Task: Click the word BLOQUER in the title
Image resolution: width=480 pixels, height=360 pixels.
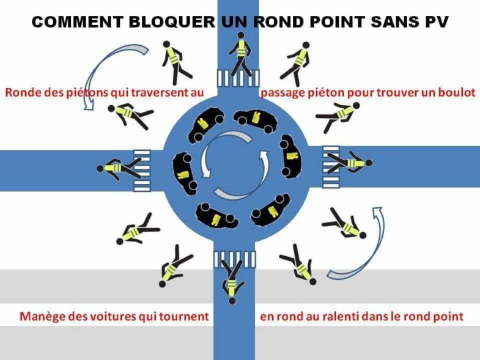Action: click(x=172, y=22)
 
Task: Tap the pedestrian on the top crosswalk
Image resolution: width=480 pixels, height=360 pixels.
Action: click(x=241, y=54)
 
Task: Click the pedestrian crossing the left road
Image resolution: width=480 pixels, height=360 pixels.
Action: click(x=119, y=168)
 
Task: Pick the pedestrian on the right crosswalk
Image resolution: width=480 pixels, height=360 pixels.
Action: click(x=350, y=163)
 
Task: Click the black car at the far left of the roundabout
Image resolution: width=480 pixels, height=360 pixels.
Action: click(x=185, y=173)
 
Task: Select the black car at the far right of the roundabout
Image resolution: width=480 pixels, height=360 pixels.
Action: click(x=290, y=156)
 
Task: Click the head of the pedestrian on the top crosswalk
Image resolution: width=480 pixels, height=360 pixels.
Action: click(x=241, y=35)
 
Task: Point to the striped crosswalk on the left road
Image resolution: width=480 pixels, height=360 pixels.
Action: click(x=142, y=171)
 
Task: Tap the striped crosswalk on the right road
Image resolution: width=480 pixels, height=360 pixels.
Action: click(x=331, y=167)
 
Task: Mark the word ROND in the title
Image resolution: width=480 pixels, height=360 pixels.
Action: click(x=278, y=22)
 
